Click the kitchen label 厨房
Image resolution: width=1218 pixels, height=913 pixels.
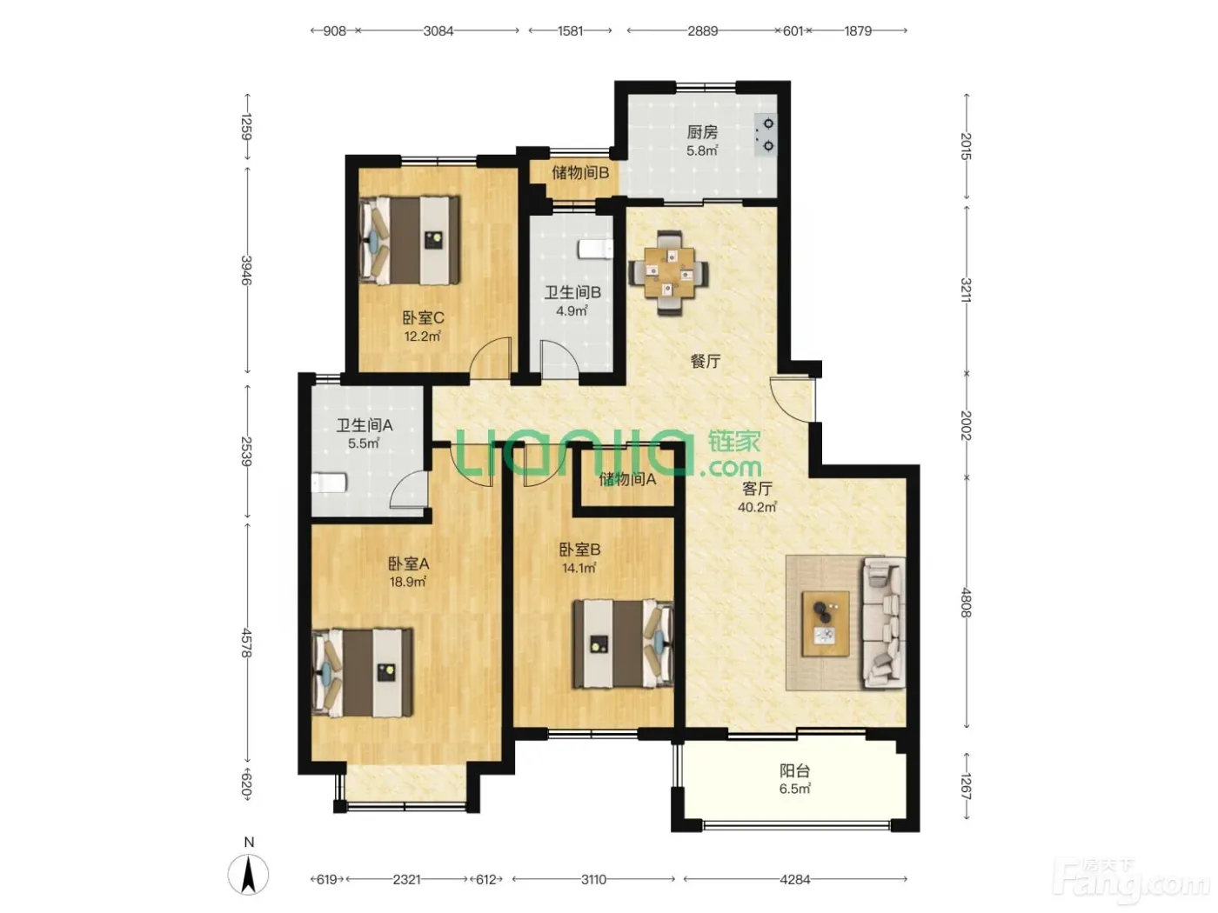[702, 132]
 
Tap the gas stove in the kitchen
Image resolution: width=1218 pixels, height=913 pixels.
[765, 135]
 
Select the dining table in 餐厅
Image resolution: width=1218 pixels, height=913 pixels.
[669, 273]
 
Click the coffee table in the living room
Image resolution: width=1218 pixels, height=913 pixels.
[826, 623]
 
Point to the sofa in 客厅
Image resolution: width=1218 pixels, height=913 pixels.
[883, 623]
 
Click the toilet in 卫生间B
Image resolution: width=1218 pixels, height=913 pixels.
[595, 249]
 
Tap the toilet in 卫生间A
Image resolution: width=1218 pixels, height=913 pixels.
[329, 483]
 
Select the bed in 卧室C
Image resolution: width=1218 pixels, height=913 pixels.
[410, 240]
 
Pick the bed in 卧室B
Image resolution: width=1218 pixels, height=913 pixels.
[624, 643]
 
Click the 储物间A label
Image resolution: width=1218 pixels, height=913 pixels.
[627, 479]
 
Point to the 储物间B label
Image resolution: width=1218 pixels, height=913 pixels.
[580, 173]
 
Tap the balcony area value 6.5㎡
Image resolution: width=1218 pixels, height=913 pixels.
[794, 789]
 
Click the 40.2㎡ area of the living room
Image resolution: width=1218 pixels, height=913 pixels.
[757, 507]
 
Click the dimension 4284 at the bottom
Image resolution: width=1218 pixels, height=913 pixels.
[794, 879]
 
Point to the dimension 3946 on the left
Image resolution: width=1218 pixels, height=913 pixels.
[246, 270]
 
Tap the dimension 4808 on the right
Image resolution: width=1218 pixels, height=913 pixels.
[966, 603]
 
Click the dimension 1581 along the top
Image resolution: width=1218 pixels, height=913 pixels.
[571, 31]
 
